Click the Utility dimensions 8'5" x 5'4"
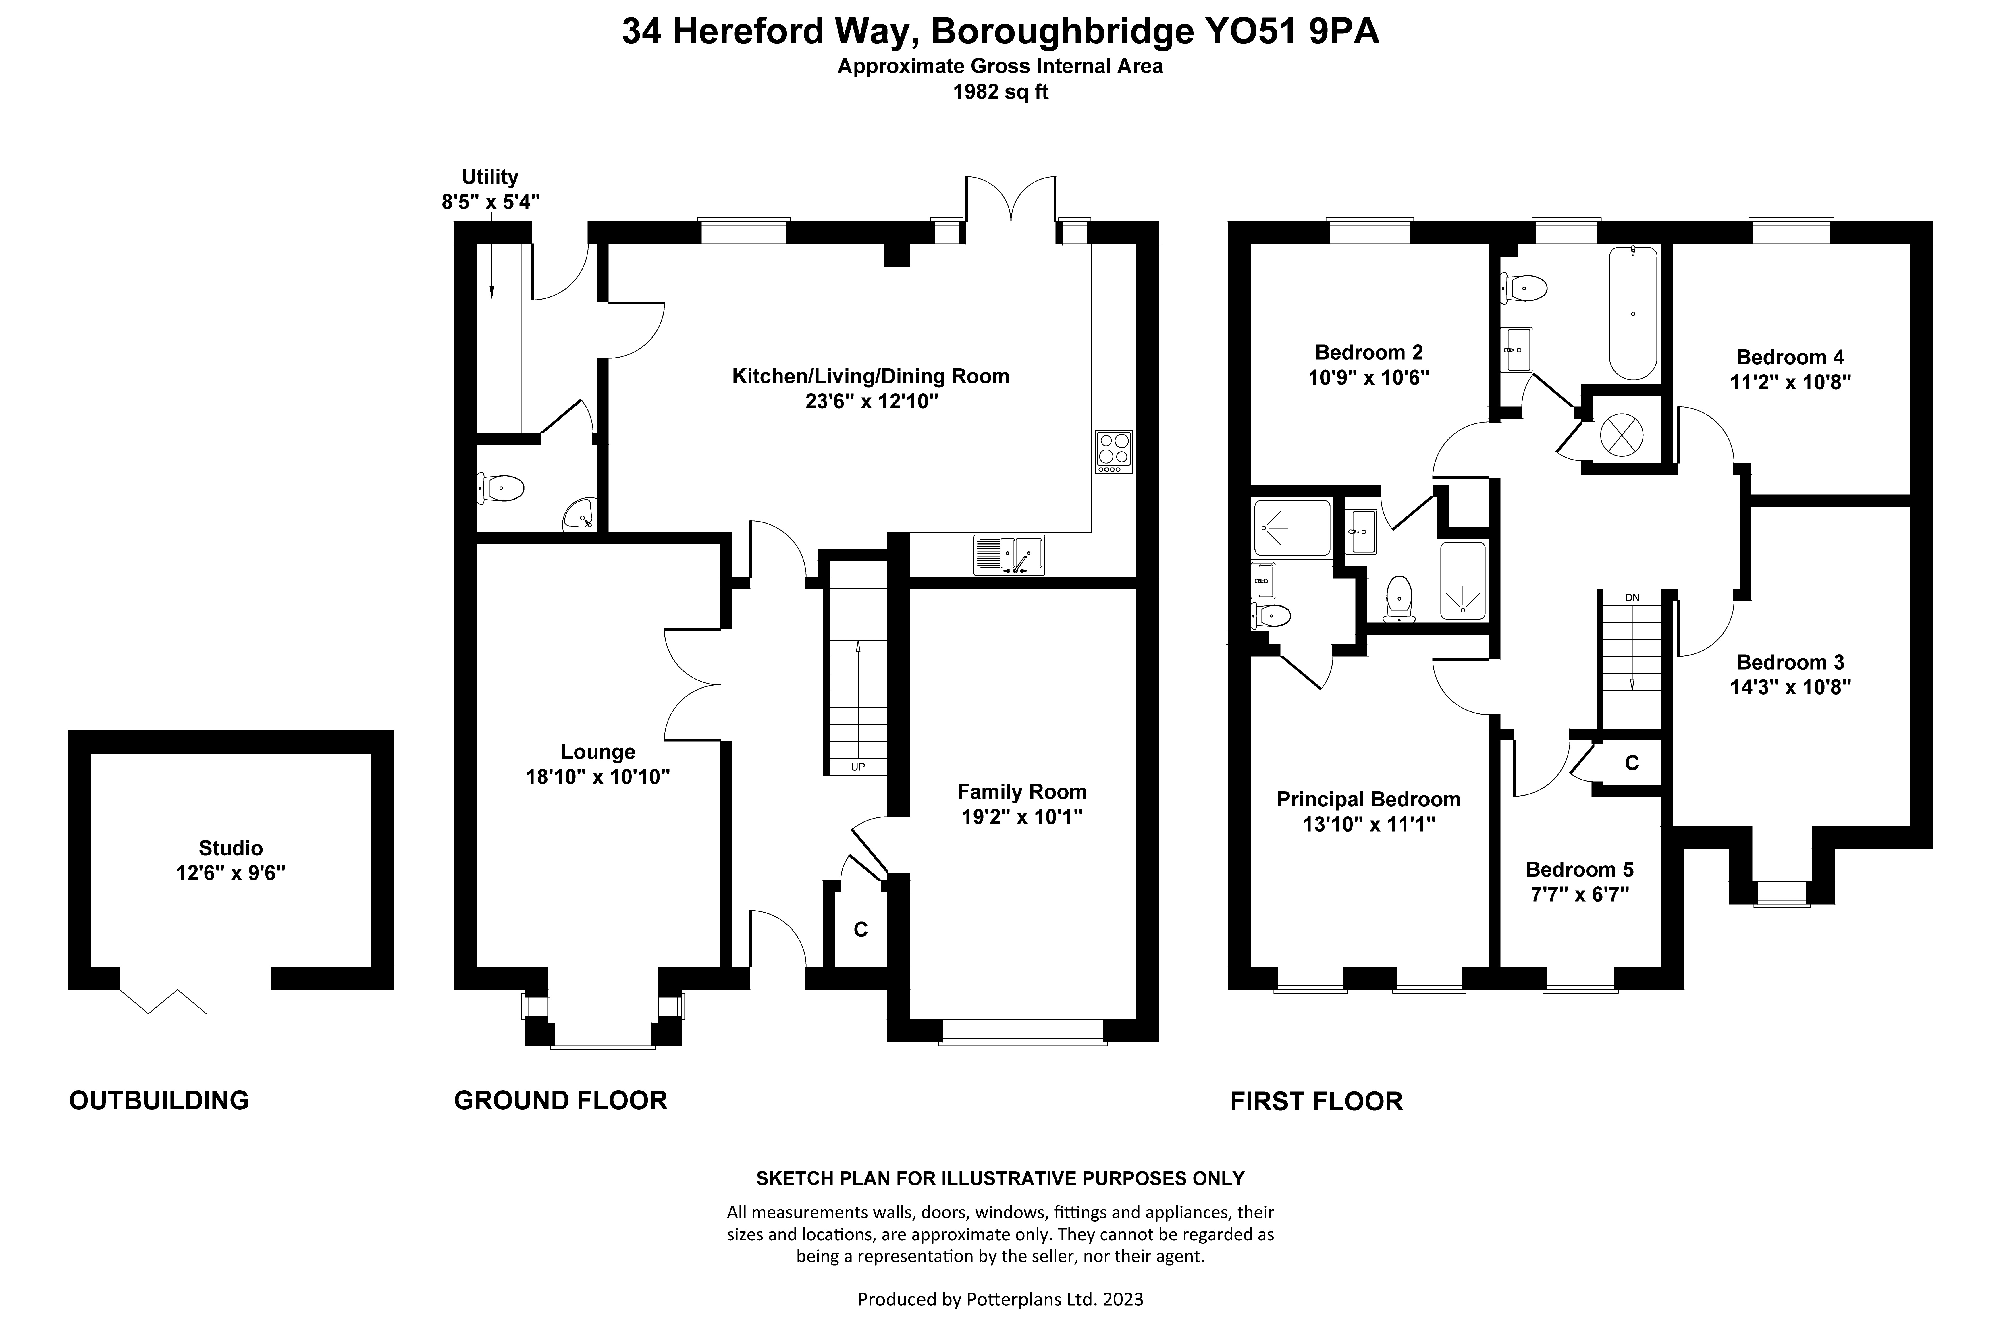(x=490, y=202)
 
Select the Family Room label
(x=1021, y=792)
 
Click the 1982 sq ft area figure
(x=1000, y=92)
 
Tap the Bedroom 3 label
(x=1790, y=662)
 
